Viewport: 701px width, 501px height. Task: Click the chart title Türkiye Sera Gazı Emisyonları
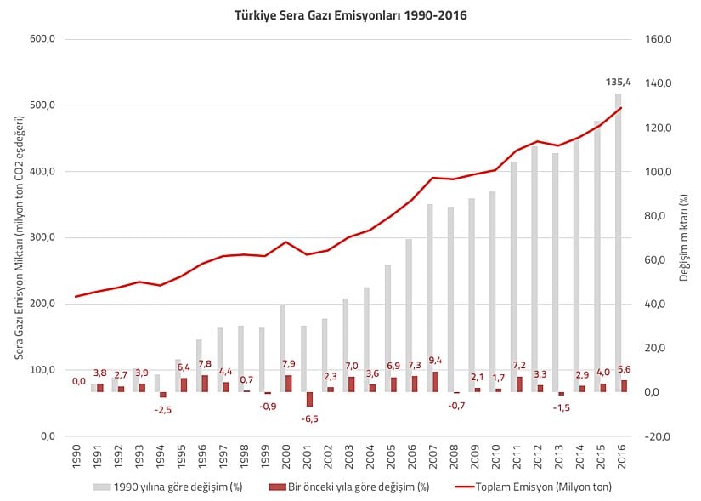350,15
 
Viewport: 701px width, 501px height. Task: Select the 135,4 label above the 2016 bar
618,83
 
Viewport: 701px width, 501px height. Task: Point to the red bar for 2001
309,399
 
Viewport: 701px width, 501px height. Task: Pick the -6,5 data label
309,418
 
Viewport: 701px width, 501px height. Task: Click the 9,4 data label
435,360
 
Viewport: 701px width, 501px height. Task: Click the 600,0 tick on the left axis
42,39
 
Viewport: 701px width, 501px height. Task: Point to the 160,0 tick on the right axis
658,39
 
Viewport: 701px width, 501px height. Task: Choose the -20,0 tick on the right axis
658,436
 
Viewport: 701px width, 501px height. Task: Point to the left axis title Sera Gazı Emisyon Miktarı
20,238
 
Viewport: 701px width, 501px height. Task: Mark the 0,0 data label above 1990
78,382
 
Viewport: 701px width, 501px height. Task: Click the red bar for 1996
205,384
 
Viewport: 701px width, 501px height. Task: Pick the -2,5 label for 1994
163,409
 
